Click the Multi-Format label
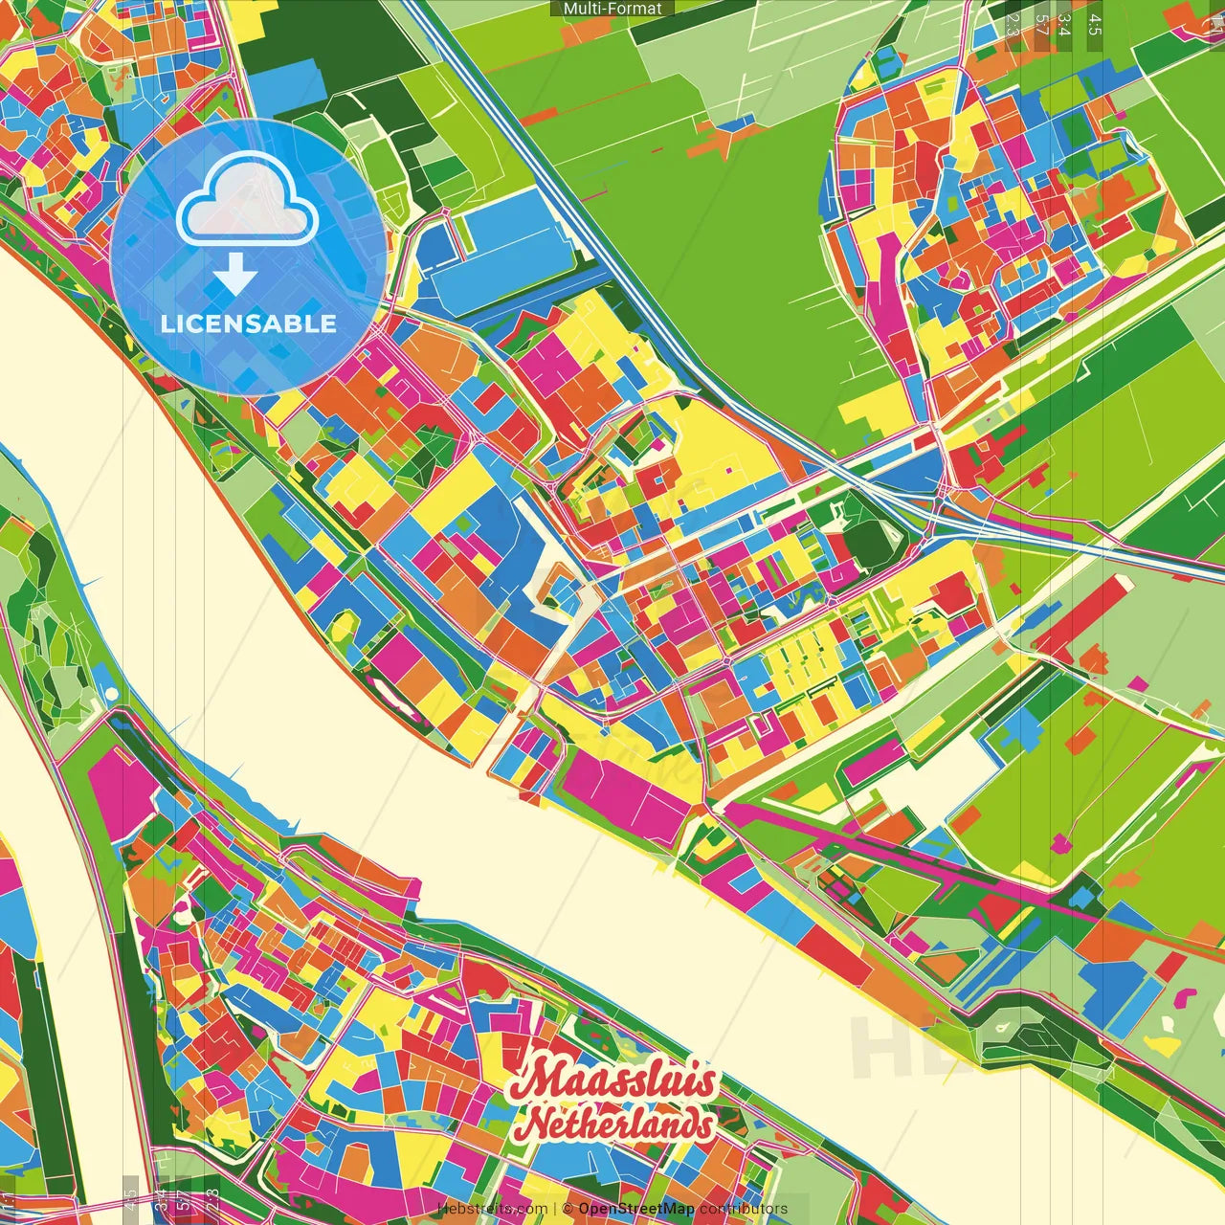click(612, 9)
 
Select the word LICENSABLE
click(249, 323)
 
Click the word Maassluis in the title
click(612, 1081)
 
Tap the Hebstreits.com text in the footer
click(492, 1209)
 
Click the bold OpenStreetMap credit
click(636, 1209)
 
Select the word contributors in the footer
click(744, 1209)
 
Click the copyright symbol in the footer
click(568, 1209)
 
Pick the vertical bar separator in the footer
click(555, 1209)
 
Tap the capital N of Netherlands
click(538, 1125)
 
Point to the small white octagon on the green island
click(112, 692)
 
